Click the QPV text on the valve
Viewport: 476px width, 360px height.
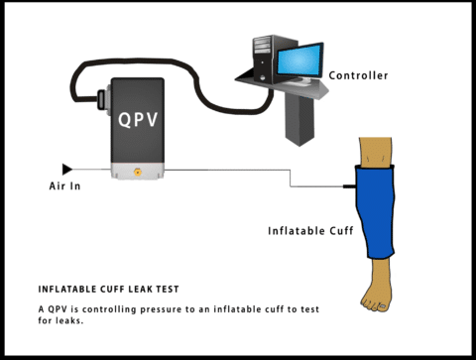pos(137,119)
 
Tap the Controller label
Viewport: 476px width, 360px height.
pos(358,75)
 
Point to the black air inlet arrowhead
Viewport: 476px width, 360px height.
pos(67,170)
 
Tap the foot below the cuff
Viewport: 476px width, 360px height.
pos(380,293)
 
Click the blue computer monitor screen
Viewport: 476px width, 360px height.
pos(299,62)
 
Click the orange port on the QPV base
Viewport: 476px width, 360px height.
pos(137,173)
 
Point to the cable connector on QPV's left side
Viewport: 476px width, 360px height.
pos(102,100)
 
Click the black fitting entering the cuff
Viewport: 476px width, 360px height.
pos(349,185)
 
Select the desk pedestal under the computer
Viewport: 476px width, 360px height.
pos(298,120)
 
